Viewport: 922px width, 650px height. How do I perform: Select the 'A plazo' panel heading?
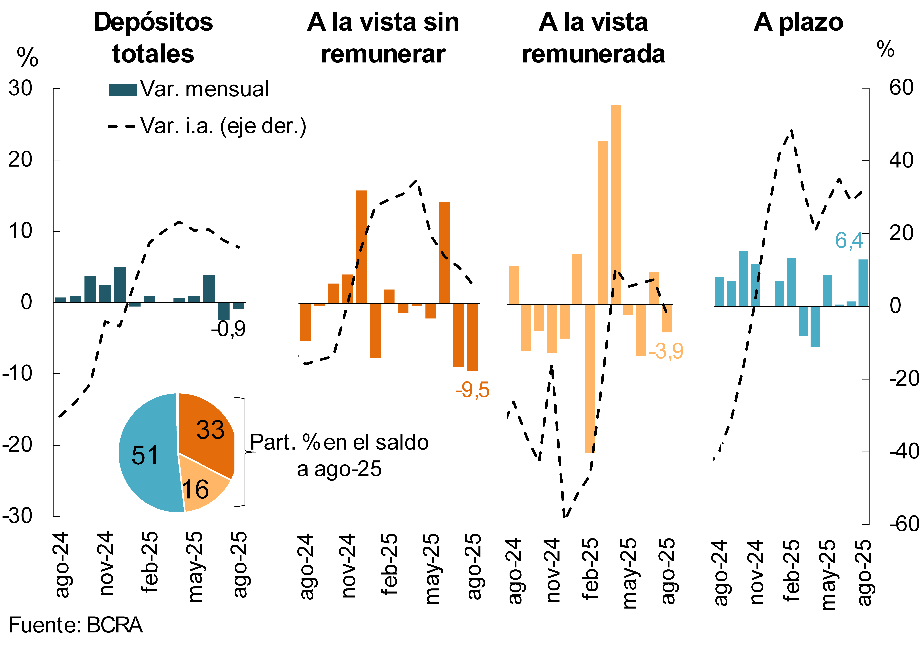click(798, 22)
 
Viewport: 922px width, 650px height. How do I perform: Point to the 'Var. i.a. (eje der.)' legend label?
click(223, 126)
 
